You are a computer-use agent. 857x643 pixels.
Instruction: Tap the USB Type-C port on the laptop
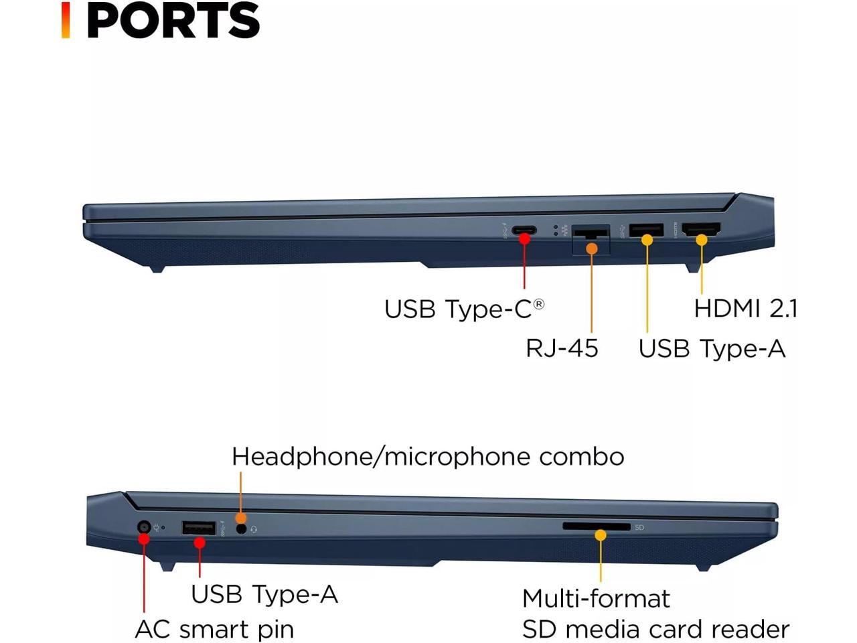click(524, 231)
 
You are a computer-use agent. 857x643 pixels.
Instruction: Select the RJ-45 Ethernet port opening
click(591, 237)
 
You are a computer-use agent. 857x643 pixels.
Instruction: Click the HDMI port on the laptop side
click(701, 230)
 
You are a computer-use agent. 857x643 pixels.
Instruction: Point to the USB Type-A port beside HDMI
click(647, 230)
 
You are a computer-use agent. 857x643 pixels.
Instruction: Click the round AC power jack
click(143, 527)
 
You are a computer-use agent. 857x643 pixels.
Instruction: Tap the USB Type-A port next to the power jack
click(198, 528)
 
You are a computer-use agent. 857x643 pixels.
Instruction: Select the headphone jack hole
click(242, 529)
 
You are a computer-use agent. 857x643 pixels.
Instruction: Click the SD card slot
click(596, 526)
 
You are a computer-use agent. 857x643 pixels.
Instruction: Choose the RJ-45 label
click(561, 348)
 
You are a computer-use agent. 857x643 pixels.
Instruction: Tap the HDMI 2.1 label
click(745, 308)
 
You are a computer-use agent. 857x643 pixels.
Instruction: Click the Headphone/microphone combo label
click(428, 457)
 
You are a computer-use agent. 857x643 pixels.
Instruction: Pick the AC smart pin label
click(214, 630)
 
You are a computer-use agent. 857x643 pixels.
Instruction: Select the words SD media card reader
click(655, 630)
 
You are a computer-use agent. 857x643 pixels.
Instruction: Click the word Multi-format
click(596, 598)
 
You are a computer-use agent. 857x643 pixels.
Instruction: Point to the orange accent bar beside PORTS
click(66, 20)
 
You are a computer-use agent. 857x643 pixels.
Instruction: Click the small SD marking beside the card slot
click(639, 528)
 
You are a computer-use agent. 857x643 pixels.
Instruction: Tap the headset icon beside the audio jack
click(254, 530)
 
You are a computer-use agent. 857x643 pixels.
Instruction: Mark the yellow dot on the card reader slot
click(601, 535)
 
